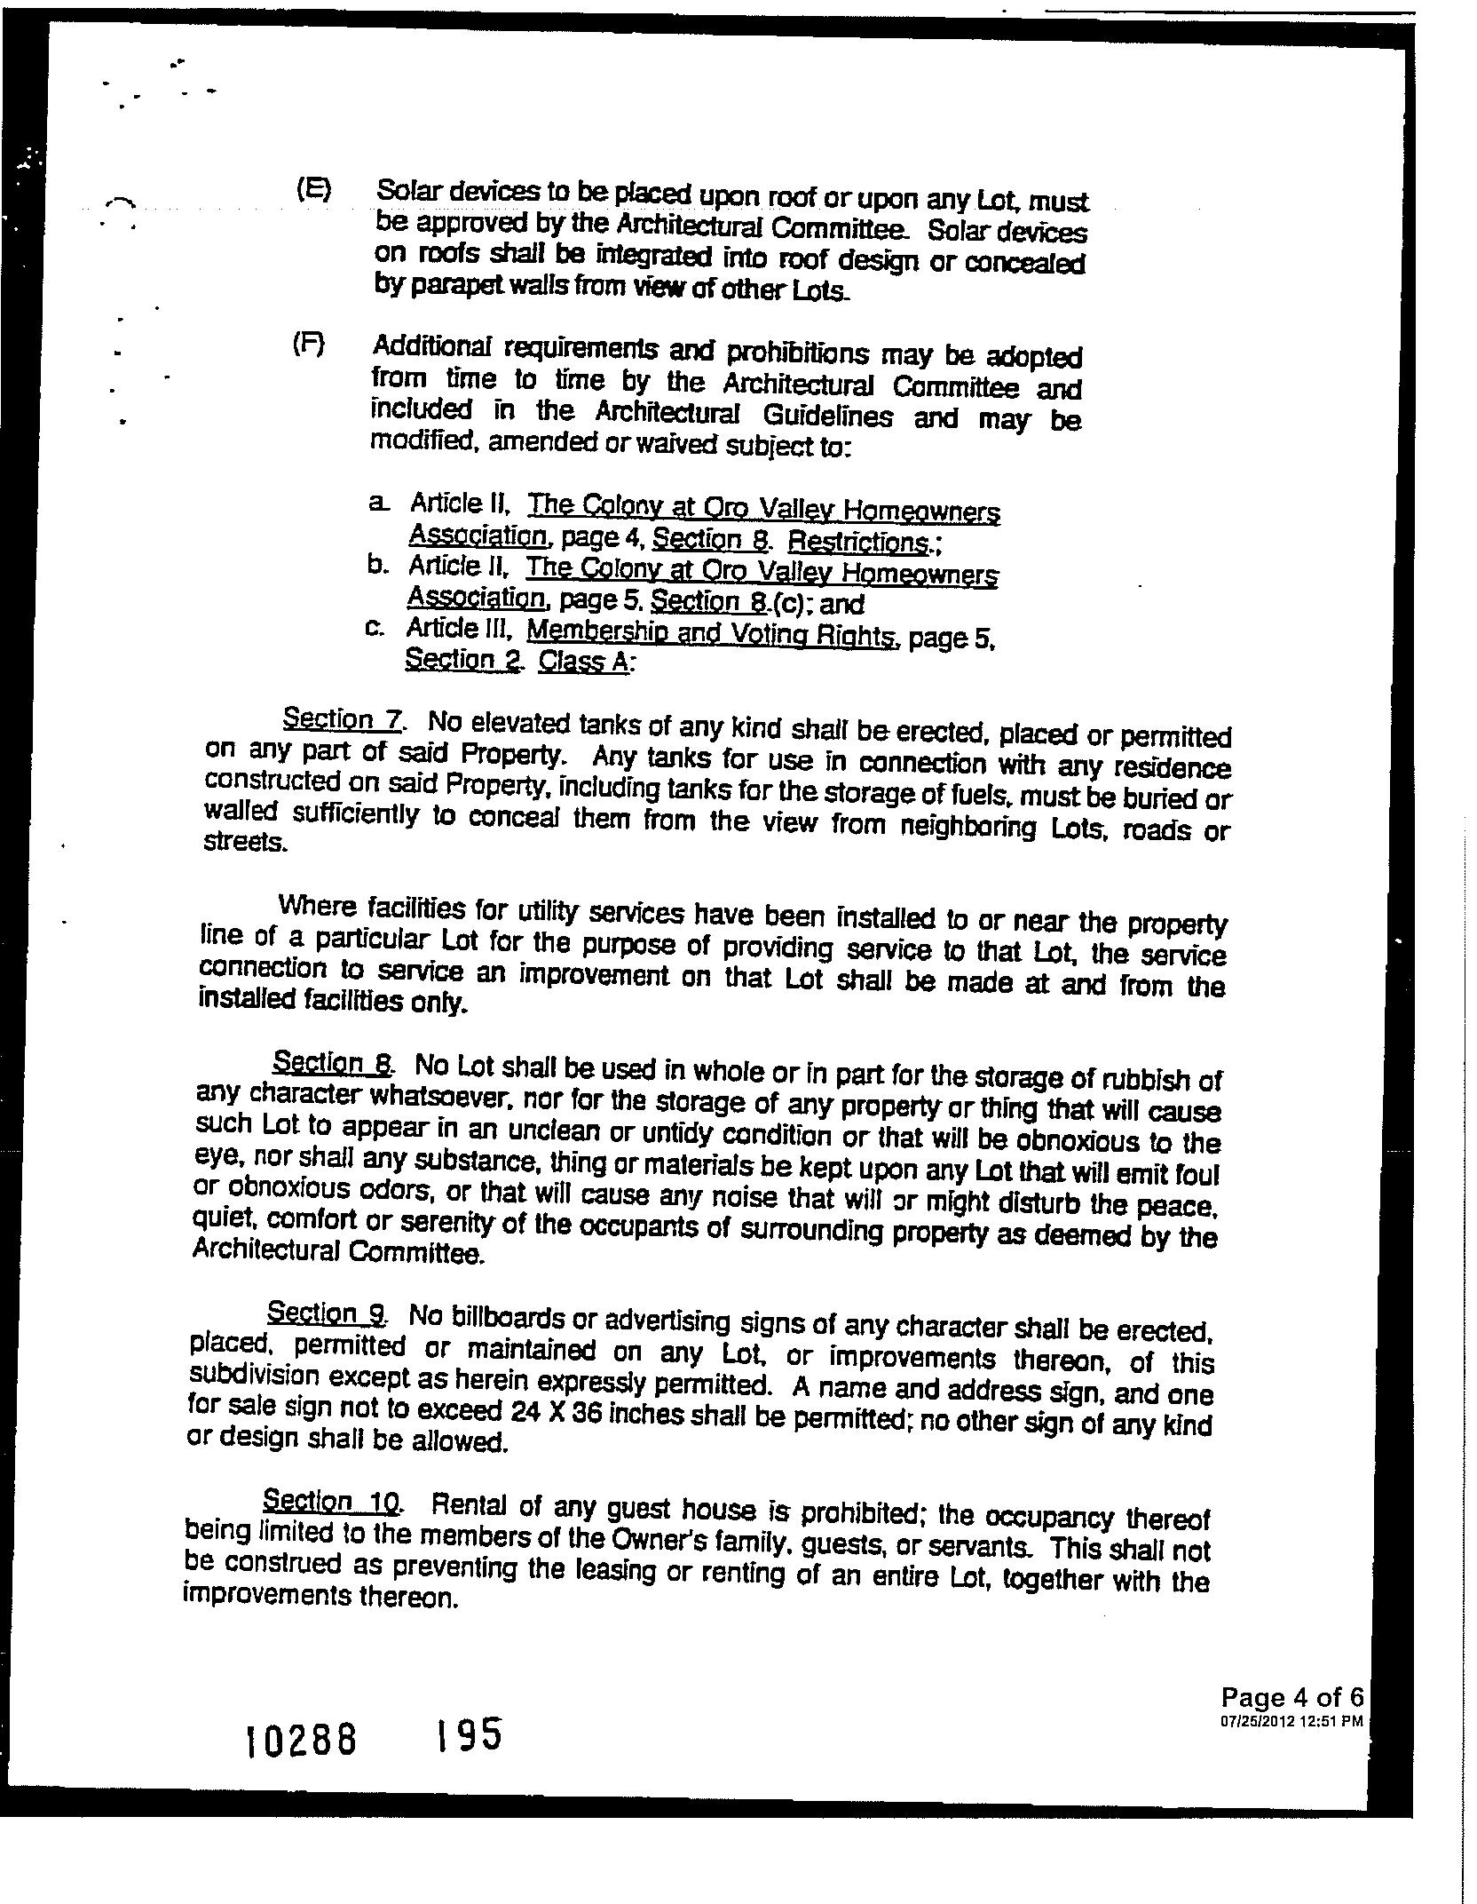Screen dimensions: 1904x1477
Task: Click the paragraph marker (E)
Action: (312, 190)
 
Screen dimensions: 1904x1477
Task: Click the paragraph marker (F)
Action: (309, 345)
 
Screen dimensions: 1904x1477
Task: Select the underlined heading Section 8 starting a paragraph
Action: (333, 1063)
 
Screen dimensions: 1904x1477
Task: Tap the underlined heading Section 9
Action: (326, 1313)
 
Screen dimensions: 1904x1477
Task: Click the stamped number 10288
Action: (302, 1740)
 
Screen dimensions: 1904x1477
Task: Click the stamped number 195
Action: (468, 1733)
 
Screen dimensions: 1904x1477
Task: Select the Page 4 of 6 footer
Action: (1291, 1698)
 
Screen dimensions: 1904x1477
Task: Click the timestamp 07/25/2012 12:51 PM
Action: (1291, 1720)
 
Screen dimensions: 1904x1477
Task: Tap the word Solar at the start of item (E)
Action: (409, 191)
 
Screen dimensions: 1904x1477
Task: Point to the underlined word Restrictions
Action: (857, 541)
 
